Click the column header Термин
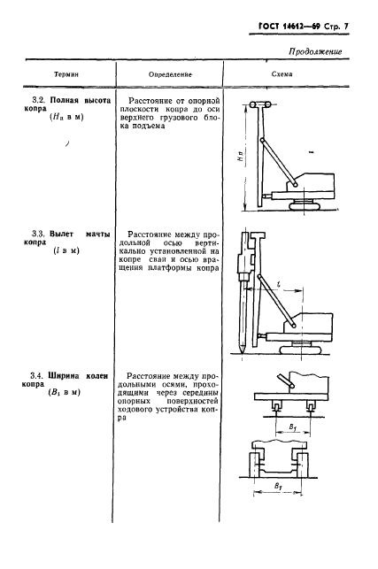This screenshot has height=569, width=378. click(66, 74)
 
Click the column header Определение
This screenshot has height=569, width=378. click(170, 74)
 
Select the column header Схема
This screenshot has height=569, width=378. click(282, 74)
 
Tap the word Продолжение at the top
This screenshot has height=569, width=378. click(315, 51)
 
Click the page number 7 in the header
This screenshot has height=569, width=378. click(345, 27)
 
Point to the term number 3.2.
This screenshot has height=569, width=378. click(39, 100)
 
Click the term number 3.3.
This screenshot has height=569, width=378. click(38, 234)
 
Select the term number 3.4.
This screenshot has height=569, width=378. click(37, 375)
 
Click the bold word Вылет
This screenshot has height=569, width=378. click(62, 234)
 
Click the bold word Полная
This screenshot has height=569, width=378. click(65, 100)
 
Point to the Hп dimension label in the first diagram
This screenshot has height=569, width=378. click(242, 156)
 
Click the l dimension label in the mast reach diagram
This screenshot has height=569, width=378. click(279, 286)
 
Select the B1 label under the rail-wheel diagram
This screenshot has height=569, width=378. click(293, 427)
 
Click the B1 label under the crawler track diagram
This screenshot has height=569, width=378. click(278, 486)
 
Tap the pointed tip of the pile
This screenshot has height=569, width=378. click(242, 352)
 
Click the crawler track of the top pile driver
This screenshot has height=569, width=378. click(305, 205)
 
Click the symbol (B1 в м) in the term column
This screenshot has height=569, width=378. click(64, 392)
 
